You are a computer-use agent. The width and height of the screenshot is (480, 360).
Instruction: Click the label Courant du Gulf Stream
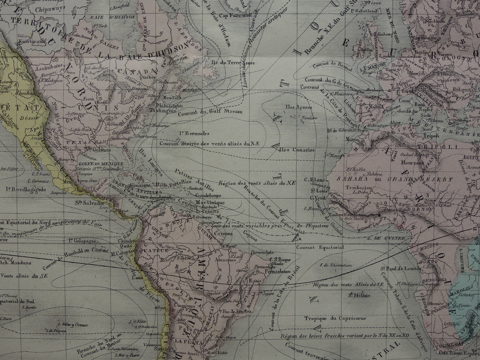point(210,112)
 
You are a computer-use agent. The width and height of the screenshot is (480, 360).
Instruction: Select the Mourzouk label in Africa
point(411,163)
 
